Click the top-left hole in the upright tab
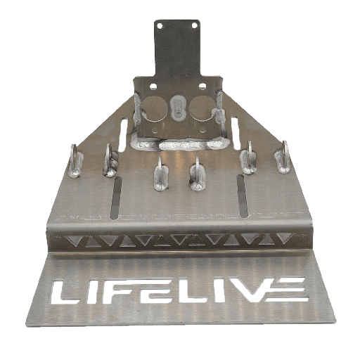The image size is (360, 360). tap(160, 26)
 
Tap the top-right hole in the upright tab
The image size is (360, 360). tap(194, 25)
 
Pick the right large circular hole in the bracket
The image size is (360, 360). tap(201, 108)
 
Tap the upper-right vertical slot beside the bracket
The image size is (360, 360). tap(236, 133)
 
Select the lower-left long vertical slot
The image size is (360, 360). tap(116, 199)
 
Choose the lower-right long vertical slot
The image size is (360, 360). tap(243, 196)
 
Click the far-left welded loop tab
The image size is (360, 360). tap(75, 161)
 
